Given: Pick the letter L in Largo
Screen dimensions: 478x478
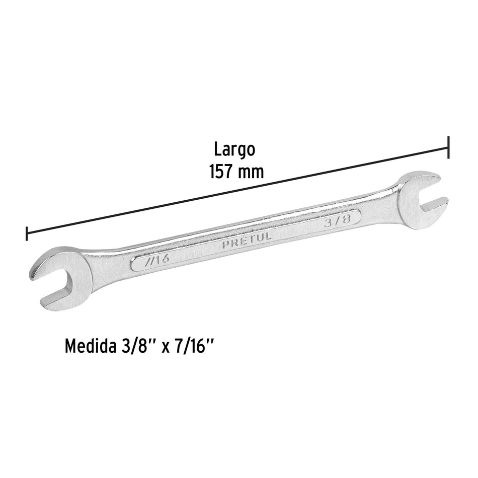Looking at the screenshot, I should [x=217, y=150].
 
